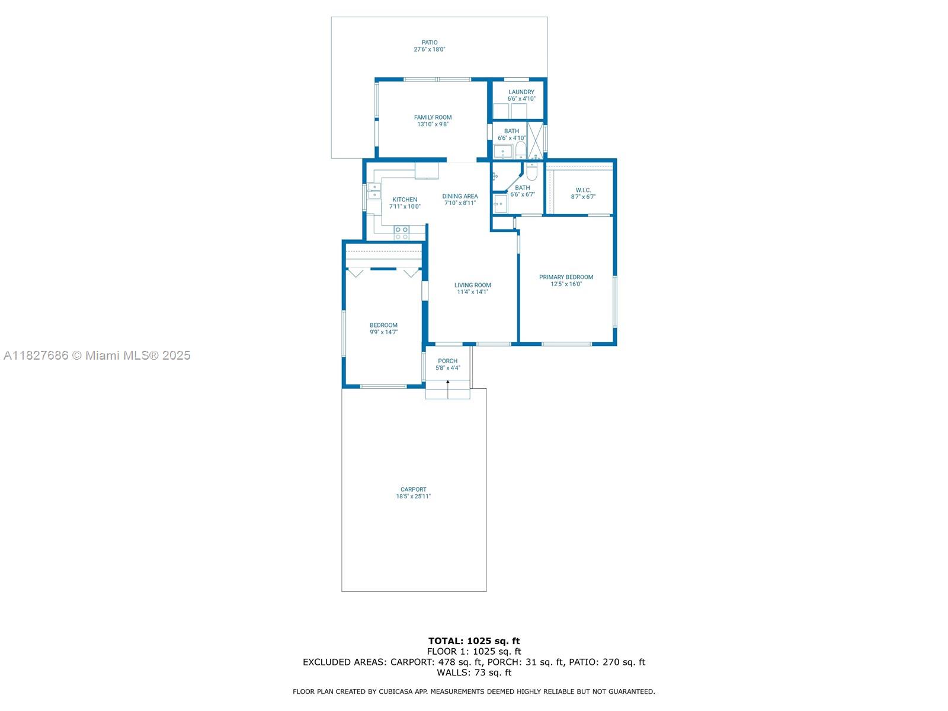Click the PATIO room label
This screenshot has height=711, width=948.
[430, 43]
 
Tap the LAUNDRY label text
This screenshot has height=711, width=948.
[521, 92]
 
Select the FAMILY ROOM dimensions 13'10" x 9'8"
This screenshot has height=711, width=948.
[433, 124]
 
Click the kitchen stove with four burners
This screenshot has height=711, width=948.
[402, 232]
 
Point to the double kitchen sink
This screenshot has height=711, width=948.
[373, 191]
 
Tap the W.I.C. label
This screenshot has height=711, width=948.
[583, 190]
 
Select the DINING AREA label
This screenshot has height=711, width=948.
[460, 196]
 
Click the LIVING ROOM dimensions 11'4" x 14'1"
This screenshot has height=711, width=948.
[472, 292]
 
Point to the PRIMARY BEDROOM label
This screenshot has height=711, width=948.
[566, 277]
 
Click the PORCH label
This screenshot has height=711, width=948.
[448, 361]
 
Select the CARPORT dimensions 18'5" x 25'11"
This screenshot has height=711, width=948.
[414, 497]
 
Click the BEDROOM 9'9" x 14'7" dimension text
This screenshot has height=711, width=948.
[383, 332]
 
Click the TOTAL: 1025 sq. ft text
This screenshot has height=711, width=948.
[474, 640]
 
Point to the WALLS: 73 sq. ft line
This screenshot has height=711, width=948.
[474, 672]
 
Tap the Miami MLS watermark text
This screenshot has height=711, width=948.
[97, 355]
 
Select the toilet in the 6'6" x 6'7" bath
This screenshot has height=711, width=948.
[531, 171]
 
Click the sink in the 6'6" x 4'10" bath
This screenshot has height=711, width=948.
[502, 152]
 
